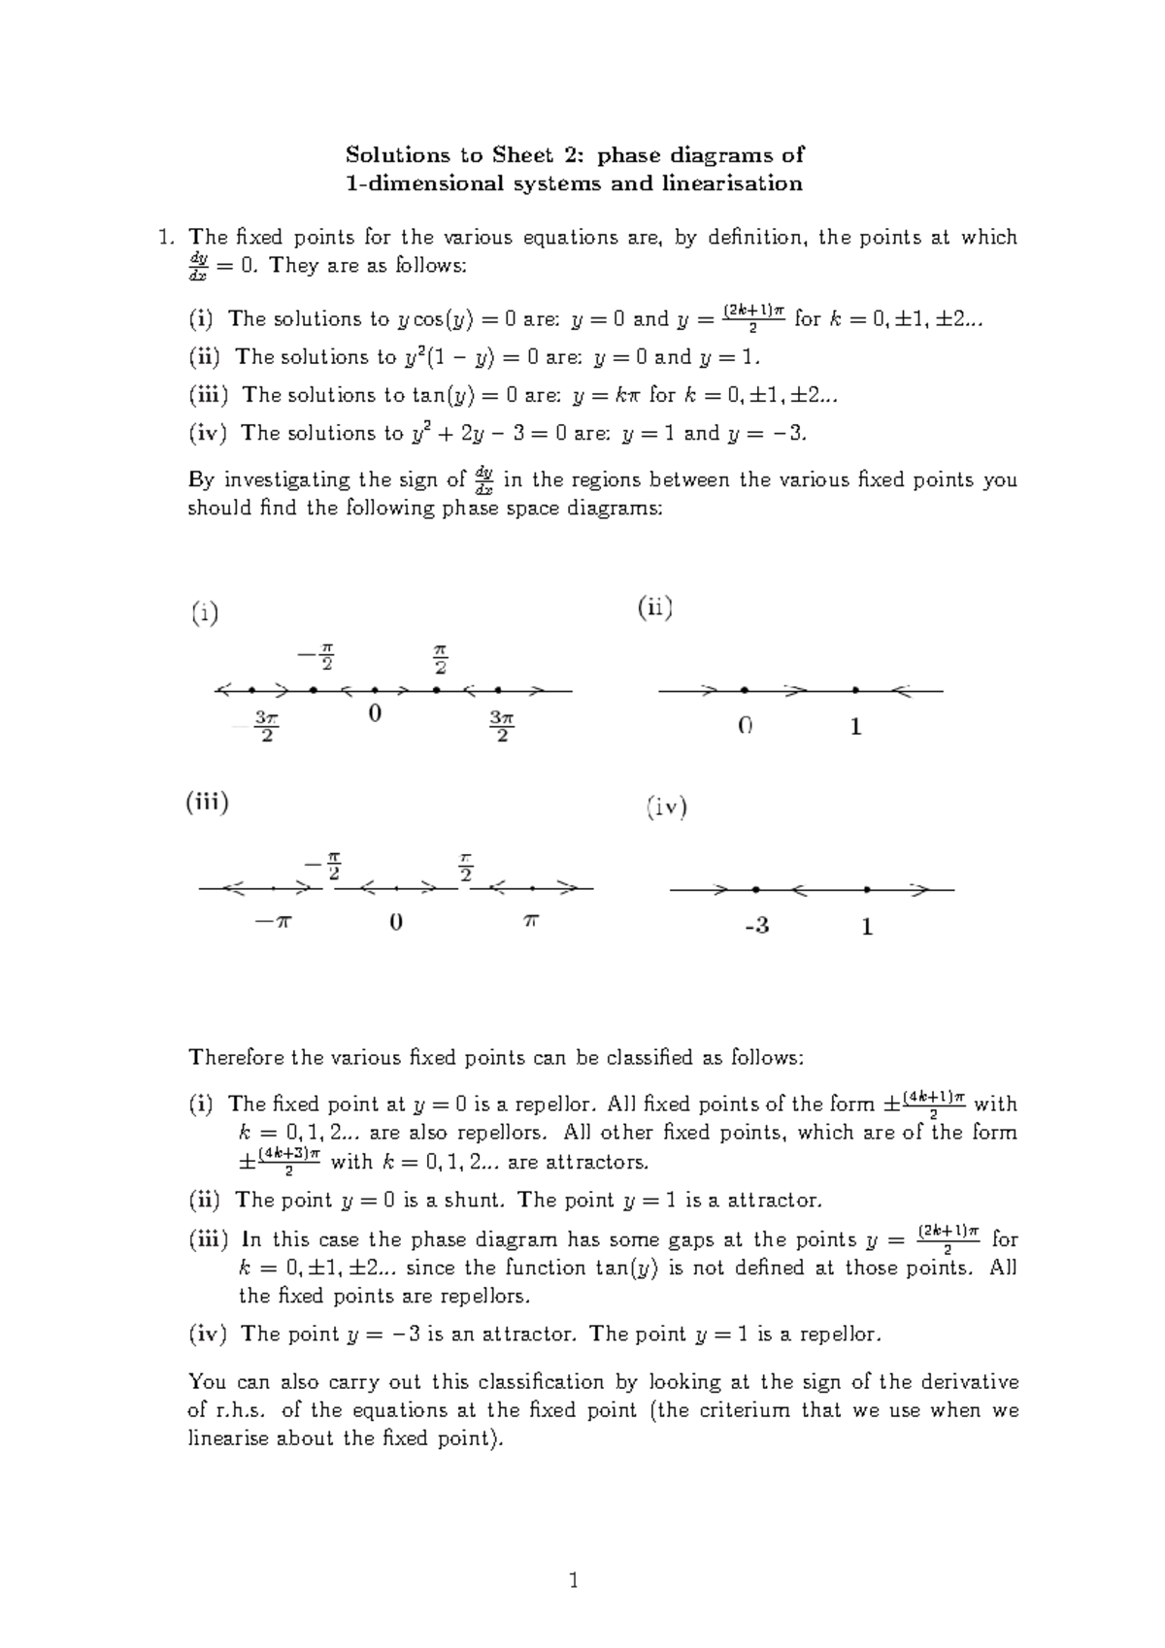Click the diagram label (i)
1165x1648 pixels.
(204, 613)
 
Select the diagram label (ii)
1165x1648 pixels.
(655, 609)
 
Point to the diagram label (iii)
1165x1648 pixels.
(207, 803)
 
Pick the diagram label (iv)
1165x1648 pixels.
(667, 808)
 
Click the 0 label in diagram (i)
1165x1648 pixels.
(375, 714)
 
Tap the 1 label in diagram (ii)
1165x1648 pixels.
(855, 726)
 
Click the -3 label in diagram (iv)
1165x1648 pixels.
(756, 926)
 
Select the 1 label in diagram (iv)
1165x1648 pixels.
(867, 927)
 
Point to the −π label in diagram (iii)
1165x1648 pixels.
(272, 922)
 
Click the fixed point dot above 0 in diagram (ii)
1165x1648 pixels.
(744, 690)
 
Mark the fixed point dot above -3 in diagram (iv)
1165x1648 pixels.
(754, 889)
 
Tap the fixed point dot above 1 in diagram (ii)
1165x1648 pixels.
(855, 690)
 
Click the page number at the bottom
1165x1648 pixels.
(574, 1580)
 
